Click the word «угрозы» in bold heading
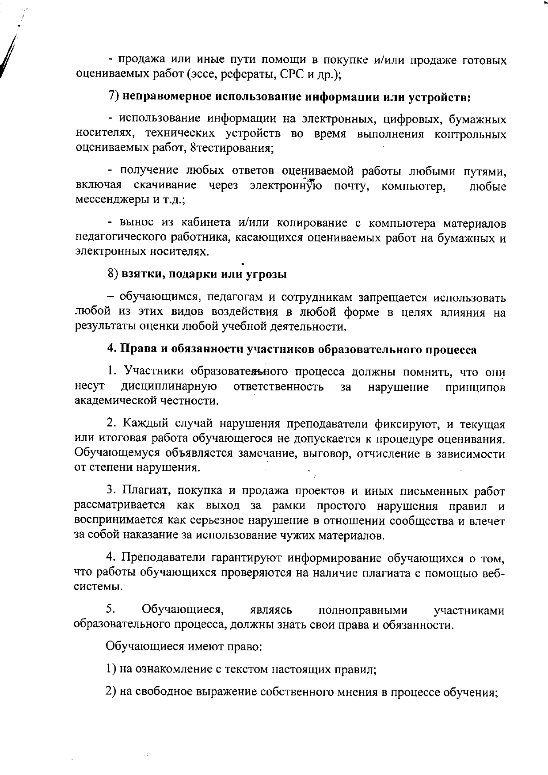(x=267, y=274)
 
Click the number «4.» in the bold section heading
(x=112, y=349)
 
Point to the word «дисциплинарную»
(x=169, y=387)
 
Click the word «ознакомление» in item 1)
(x=173, y=670)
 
